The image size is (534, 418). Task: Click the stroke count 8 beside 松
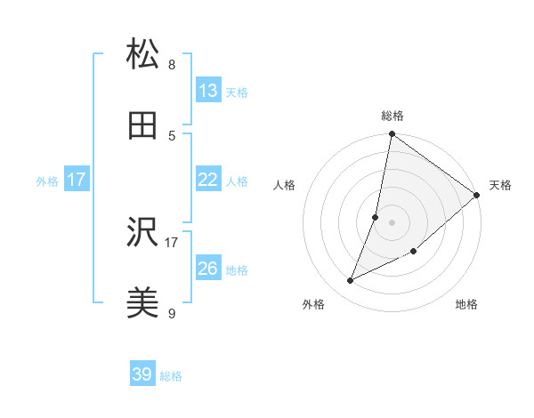pyautogui.click(x=172, y=65)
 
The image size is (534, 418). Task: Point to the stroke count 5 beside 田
pyautogui.click(x=172, y=136)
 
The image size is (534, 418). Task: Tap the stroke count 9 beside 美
pyautogui.click(x=172, y=314)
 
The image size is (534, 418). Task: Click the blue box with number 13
pyautogui.click(x=207, y=91)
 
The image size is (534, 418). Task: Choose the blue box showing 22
pyautogui.click(x=207, y=180)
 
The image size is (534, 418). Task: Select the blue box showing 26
pyautogui.click(x=207, y=269)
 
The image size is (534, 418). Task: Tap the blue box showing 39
pyautogui.click(x=142, y=374)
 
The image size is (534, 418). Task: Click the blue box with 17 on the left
pyautogui.click(x=77, y=180)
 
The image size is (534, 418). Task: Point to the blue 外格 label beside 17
pyautogui.click(x=47, y=181)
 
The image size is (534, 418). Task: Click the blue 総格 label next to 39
pyautogui.click(x=171, y=376)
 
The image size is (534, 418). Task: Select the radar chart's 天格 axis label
pyautogui.click(x=500, y=185)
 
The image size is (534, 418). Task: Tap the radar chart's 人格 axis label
pyautogui.click(x=284, y=185)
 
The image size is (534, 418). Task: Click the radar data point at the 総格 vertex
pyautogui.click(x=392, y=135)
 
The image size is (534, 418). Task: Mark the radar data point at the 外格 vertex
pyautogui.click(x=351, y=281)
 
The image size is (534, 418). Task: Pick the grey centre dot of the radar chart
pyautogui.click(x=392, y=221)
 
